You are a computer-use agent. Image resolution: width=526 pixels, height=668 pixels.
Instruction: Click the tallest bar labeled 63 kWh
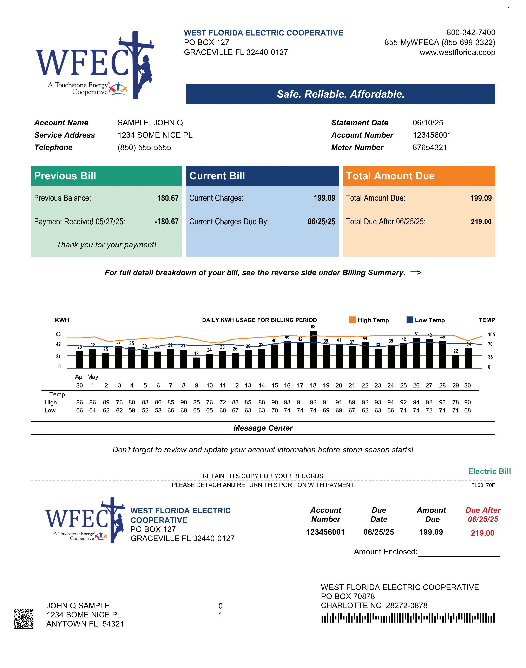click(x=313, y=349)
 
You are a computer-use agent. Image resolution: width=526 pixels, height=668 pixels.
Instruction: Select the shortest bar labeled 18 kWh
click(x=197, y=363)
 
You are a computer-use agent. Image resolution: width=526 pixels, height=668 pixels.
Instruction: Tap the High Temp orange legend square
click(x=352, y=320)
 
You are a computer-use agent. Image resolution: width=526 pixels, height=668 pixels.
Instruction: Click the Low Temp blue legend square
click(x=410, y=320)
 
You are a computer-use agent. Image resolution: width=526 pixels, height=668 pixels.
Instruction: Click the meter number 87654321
click(x=430, y=148)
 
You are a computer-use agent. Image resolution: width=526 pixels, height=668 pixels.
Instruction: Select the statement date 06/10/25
click(x=428, y=123)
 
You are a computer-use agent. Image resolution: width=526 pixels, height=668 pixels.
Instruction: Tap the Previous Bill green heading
click(x=65, y=176)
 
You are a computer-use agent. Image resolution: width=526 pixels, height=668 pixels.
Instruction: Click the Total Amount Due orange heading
click(x=390, y=176)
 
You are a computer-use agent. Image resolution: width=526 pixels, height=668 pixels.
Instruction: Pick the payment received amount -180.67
click(x=167, y=221)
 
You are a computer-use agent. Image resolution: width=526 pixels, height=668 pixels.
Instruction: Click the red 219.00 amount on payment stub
click(x=482, y=533)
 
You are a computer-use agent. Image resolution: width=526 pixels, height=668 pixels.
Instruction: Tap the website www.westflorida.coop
click(x=457, y=52)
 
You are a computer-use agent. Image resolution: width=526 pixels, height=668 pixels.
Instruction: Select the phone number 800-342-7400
click(x=471, y=32)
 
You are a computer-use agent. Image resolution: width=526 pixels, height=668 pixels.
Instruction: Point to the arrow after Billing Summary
click(x=416, y=272)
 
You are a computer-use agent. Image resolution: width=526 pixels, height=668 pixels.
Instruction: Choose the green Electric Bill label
click(x=489, y=471)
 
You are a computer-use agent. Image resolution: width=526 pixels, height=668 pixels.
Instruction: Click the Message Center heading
click(x=263, y=428)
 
